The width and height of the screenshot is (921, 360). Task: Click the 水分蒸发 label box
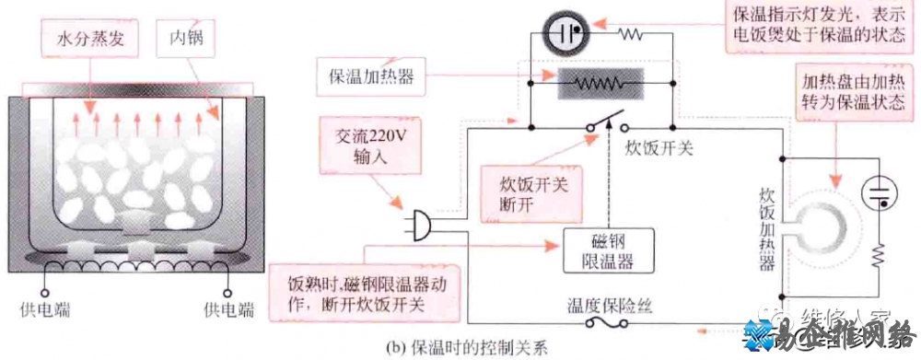pyautogui.click(x=87, y=41)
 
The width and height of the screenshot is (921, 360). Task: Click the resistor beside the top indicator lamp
pyautogui.click(x=631, y=34)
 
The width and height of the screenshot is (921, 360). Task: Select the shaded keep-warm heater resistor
pyautogui.click(x=600, y=83)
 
